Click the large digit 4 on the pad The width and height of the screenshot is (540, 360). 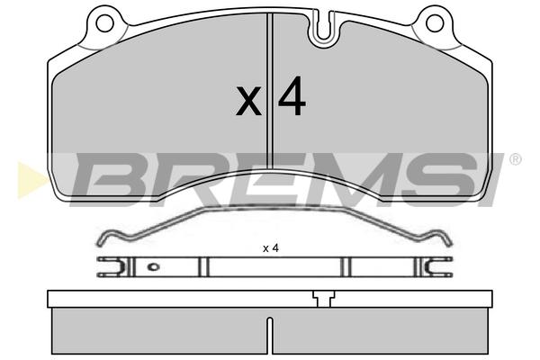(x=292, y=95)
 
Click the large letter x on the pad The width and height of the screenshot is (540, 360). (x=248, y=101)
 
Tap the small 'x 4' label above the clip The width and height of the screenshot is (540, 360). (x=271, y=248)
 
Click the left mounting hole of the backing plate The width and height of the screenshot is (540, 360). (x=104, y=23)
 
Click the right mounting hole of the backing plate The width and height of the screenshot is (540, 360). (x=435, y=23)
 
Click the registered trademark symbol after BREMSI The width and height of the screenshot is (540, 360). (x=515, y=159)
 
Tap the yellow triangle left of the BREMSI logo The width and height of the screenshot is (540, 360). (x=31, y=180)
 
